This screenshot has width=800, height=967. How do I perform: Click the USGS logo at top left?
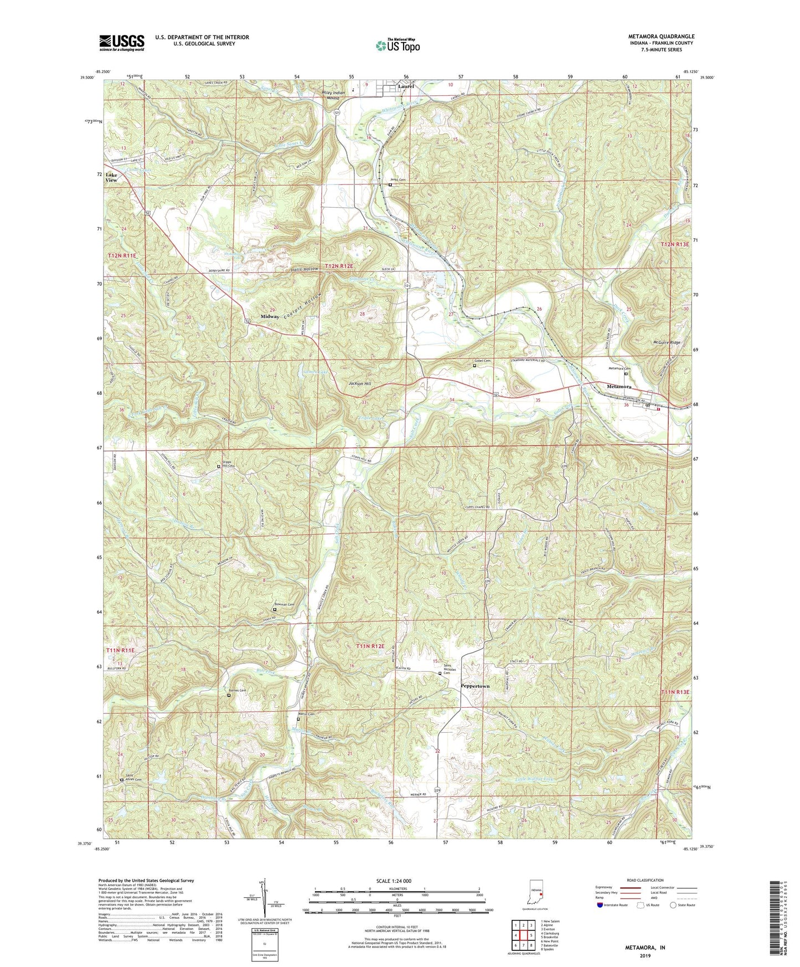point(121,43)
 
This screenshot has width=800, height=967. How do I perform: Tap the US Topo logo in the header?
point(397,45)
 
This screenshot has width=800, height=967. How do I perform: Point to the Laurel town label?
point(406,86)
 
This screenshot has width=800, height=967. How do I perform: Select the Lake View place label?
point(111,177)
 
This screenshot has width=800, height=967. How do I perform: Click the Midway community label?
point(270,316)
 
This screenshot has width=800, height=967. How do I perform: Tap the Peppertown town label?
point(475,686)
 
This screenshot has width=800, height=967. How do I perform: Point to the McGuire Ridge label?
point(666,343)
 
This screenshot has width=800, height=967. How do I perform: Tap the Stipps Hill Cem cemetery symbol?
point(218,466)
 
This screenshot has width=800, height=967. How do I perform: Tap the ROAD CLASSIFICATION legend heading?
point(645,880)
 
